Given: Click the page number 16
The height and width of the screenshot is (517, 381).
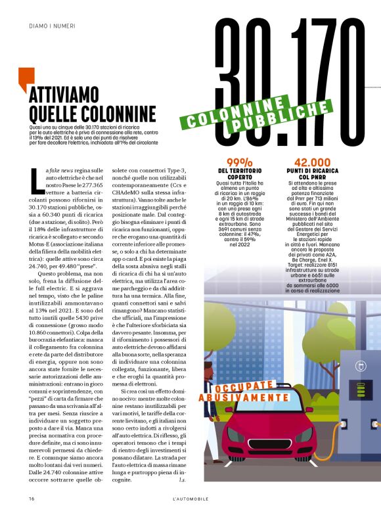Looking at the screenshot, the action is coord(31,499).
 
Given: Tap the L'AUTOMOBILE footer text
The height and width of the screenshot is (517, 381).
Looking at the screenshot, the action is coord(190,499).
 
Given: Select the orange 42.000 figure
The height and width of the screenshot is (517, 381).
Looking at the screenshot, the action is coord(312,162).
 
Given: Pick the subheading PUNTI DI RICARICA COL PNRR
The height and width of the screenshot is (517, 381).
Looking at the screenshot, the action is coord(312,175).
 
